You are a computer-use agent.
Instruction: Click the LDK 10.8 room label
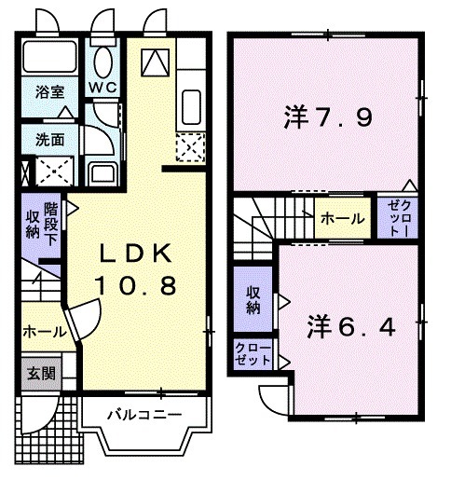pos(137,270)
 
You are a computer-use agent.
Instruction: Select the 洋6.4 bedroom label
pos(352,327)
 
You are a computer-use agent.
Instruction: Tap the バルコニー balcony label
pos(142,413)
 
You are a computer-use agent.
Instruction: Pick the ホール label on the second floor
pos(343,217)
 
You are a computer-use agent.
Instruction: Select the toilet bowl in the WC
pos(102,61)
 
